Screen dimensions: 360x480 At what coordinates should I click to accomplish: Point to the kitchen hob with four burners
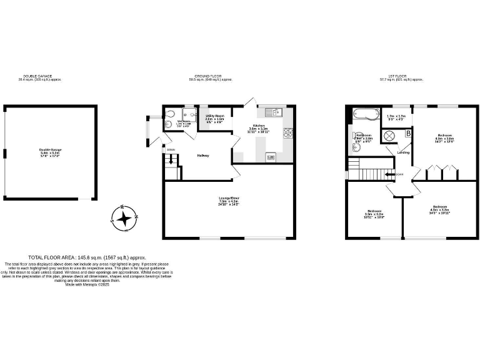click(x=288, y=132)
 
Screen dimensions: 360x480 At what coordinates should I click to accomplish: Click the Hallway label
click(x=203, y=156)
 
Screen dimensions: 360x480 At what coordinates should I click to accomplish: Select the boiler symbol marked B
click(x=408, y=133)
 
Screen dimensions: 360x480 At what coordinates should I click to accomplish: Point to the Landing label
click(x=404, y=152)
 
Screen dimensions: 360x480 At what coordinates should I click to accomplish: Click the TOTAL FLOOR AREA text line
click(x=87, y=257)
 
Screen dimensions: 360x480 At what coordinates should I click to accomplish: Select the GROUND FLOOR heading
click(x=213, y=78)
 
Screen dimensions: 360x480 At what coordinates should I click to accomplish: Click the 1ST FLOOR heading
click(x=405, y=78)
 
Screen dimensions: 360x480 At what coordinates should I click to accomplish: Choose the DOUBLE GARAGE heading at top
click(x=40, y=78)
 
